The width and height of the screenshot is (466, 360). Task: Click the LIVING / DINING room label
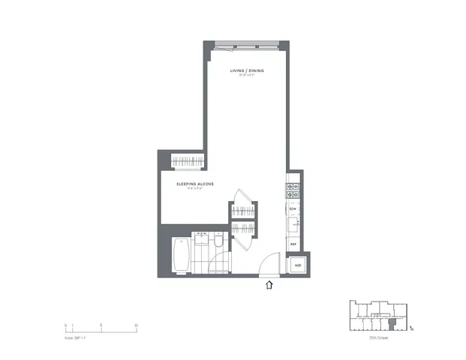click(246, 70)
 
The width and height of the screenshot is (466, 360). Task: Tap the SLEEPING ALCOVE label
click(196, 184)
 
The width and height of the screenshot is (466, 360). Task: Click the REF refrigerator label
click(293, 244)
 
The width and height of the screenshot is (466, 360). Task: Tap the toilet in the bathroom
click(217, 241)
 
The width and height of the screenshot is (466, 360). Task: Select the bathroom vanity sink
click(200, 238)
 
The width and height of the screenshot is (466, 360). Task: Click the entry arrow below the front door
click(269, 284)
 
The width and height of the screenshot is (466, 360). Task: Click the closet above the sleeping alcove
click(188, 160)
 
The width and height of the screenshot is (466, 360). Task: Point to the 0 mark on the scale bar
click(66, 325)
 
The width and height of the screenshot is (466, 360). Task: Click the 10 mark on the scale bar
click(136, 325)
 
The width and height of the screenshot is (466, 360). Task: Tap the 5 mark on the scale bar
click(101, 325)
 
